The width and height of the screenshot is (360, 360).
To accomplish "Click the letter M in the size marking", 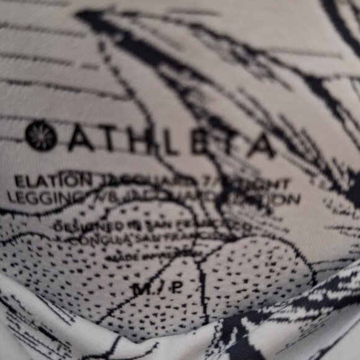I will pos(141,287).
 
